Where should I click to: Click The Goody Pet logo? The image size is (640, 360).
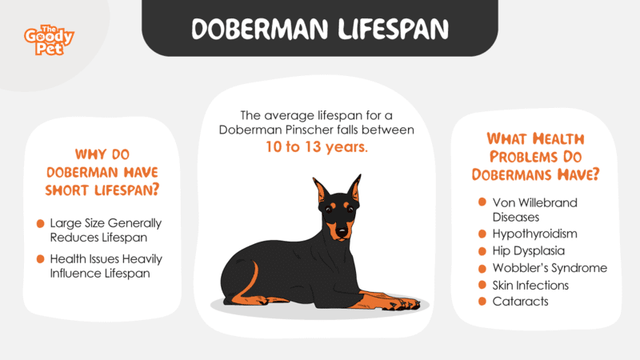click(49, 40)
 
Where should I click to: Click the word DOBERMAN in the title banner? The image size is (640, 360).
click(260, 30)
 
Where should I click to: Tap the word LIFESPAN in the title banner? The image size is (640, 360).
click(394, 30)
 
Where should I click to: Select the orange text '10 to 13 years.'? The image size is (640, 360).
click(317, 147)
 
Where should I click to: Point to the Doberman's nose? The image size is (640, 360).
click(342, 232)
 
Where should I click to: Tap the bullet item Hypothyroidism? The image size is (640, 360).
click(534, 234)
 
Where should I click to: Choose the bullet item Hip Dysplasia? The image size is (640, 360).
click(529, 251)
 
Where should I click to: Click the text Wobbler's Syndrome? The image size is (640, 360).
click(550, 268)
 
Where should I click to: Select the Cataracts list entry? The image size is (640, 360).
click(521, 302)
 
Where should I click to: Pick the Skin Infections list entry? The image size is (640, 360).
click(530, 286)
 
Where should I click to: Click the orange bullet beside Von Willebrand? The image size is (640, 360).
click(482, 202)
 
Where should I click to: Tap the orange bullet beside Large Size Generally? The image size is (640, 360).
click(41, 224)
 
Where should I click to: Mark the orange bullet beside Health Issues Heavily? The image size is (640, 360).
click(41, 259)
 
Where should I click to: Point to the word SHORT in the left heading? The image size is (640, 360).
click(68, 190)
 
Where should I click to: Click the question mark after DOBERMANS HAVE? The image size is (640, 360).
click(595, 174)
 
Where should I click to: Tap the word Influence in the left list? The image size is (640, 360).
click(74, 273)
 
